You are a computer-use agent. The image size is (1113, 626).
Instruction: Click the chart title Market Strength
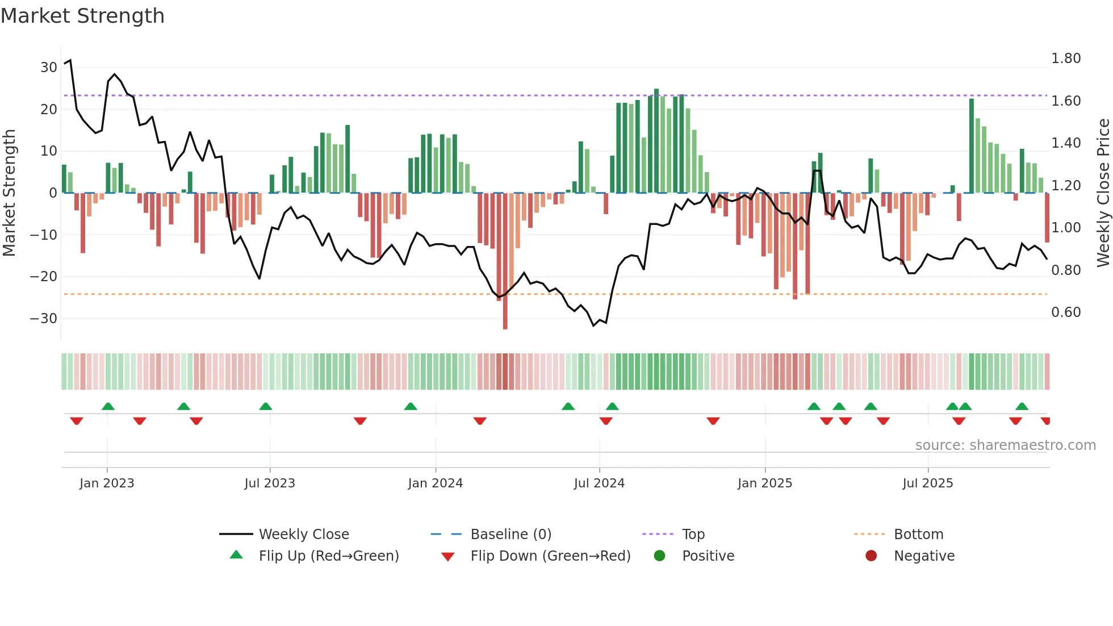pos(83,16)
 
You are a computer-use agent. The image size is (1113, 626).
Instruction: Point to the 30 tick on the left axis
pos(49,68)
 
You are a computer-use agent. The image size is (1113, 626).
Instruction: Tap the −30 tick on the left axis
pos(44,319)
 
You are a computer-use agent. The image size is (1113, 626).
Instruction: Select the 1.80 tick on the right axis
pos(1066,59)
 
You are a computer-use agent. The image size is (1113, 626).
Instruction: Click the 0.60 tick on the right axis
pos(1066,312)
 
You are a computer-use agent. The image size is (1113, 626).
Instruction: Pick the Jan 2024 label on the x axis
pos(436,483)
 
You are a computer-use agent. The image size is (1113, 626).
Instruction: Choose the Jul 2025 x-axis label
pos(928,483)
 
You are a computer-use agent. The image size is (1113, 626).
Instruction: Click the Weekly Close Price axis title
pos(1103,193)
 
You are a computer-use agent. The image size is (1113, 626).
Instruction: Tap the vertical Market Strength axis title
pos(9,193)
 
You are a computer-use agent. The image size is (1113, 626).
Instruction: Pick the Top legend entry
pos(693,535)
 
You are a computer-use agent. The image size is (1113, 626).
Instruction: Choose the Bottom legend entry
pos(918,535)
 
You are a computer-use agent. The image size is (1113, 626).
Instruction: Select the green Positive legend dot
pos(659,556)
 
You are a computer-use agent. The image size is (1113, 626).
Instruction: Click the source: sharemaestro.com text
pos(1005,445)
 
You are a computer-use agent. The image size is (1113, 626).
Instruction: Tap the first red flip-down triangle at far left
pos(77,421)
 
